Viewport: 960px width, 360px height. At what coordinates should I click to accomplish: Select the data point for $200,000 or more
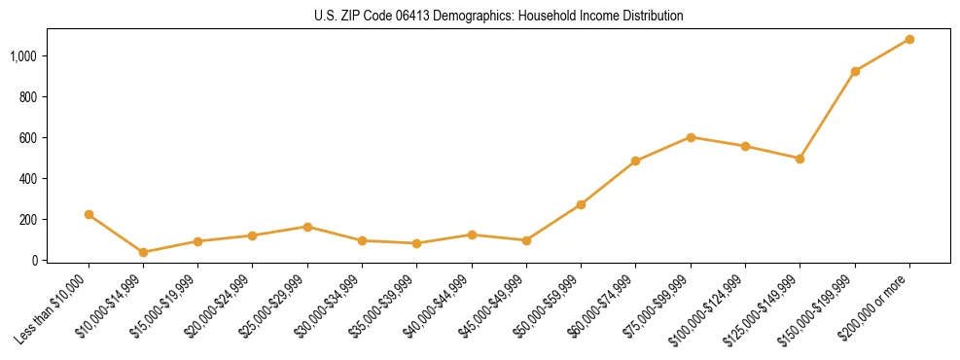point(909,40)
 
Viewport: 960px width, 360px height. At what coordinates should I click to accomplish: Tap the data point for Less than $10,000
point(89,214)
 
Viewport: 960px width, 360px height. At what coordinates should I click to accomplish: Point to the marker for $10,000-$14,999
point(143,252)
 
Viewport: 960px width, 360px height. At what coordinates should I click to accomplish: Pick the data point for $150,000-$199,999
point(855,71)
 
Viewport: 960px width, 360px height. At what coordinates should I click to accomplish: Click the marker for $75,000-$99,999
point(691,137)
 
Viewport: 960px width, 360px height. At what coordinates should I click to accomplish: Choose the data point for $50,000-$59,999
point(581,204)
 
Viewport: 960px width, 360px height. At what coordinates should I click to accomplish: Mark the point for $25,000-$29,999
point(307,227)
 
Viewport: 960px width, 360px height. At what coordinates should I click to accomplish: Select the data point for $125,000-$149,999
point(800,159)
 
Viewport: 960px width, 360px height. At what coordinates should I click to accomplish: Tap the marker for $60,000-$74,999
point(635,162)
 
